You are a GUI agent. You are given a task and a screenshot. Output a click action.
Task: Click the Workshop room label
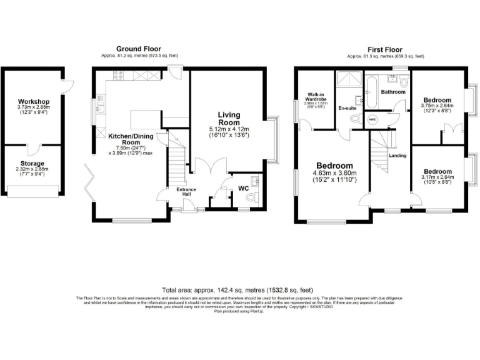click(x=34, y=101)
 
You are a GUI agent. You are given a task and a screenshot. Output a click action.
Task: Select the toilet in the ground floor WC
click(x=252, y=197)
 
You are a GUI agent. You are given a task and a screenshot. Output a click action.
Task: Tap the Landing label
click(x=397, y=155)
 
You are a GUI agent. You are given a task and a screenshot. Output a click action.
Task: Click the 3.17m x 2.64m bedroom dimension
click(x=437, y=179)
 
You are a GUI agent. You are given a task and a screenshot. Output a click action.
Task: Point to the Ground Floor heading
click(x=138, y=48)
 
